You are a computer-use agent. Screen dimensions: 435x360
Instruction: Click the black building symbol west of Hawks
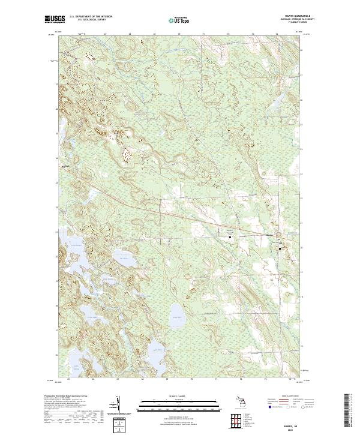tap(230, 236)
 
